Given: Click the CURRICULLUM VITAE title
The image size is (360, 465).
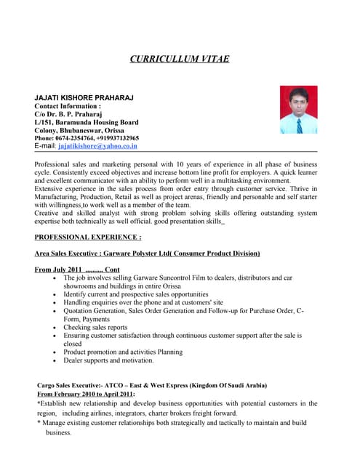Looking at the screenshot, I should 179,59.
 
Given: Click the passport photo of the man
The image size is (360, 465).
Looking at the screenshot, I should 298,110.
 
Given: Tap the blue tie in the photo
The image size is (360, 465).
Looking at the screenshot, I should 299,124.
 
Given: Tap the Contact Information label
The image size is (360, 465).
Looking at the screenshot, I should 68,106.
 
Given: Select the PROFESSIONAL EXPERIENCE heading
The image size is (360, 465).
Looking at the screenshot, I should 88,238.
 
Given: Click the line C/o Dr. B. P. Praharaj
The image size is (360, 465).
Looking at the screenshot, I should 69,114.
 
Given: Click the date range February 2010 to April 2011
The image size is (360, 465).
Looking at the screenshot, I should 92,393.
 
